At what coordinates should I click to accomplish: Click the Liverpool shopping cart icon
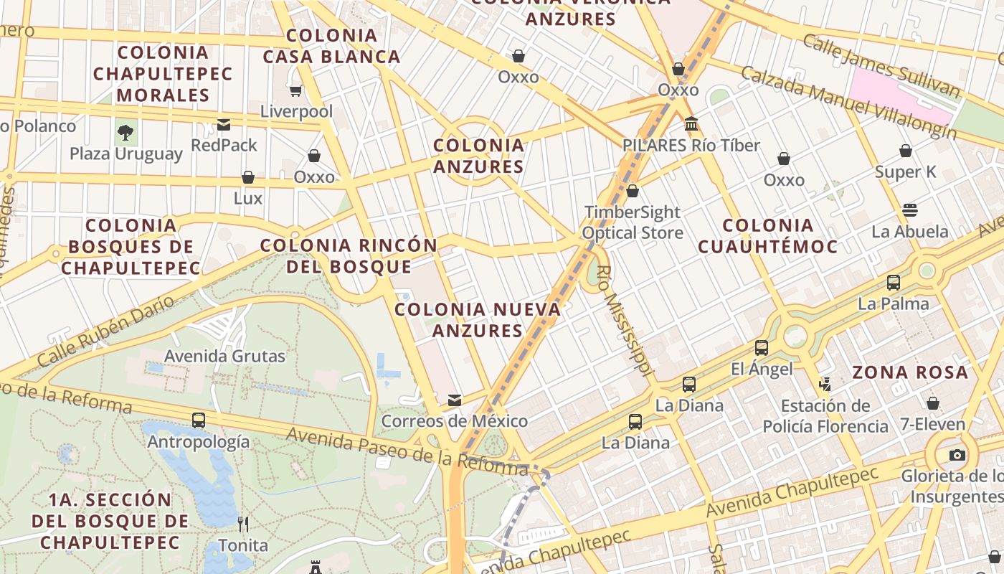point(295,90)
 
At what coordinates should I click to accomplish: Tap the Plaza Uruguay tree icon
point(126,132)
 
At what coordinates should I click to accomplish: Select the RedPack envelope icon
point(224,125)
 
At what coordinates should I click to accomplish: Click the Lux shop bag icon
point(248,177)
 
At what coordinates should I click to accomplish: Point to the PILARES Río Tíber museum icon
point(691,124)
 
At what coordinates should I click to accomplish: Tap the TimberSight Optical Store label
point(632,222)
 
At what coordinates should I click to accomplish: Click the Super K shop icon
point(906,151)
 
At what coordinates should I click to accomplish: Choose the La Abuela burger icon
point(910,210)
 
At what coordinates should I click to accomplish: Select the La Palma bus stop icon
point(894,283)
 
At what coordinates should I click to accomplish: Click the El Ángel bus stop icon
point(762,348)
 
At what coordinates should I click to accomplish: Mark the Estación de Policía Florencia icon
point(825,385)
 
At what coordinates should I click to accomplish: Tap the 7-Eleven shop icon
point(933,403)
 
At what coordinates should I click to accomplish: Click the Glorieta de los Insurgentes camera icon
point(957,455)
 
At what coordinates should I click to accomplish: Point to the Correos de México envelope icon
point(455,400)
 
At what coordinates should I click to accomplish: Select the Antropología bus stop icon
point(199,420)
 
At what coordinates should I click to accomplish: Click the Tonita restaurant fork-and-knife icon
point(243,524)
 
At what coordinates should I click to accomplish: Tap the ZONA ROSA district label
point(910,372)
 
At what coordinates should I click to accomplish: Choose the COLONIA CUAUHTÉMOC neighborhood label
point(767,236)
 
